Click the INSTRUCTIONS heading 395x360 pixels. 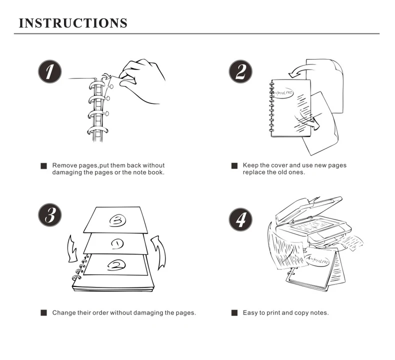tap(73, 23)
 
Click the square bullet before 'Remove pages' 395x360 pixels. tap(43, 166)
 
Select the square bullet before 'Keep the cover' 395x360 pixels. tap(234, 166)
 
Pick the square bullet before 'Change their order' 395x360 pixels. tap(43, 313)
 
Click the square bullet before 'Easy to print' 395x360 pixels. tap(234, 313)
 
